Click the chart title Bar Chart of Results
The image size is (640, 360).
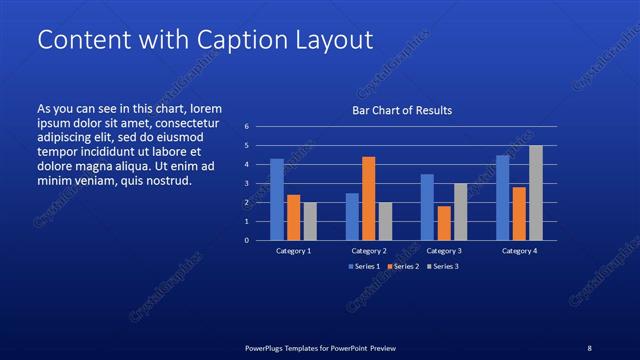click(401, 110)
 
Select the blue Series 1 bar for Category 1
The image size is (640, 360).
click(277, 199)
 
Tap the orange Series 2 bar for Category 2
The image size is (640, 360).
click(368, 198)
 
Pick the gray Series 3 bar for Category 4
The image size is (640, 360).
click(535, 192)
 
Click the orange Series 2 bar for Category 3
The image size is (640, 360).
click(443, 223)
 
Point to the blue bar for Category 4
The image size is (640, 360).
click(503, 197)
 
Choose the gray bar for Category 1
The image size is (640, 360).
click(310, 221)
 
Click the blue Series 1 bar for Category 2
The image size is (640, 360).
click(352, 216)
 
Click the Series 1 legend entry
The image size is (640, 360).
click(365, 267)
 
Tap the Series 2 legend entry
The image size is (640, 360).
click(402, 267)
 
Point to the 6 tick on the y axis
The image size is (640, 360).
click(247, 127)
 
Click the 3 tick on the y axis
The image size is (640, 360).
click(247, 184)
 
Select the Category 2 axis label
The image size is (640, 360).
click(369, 251)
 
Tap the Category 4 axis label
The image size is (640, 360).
click(519, 251)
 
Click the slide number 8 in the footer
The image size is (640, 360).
click(589, 348)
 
